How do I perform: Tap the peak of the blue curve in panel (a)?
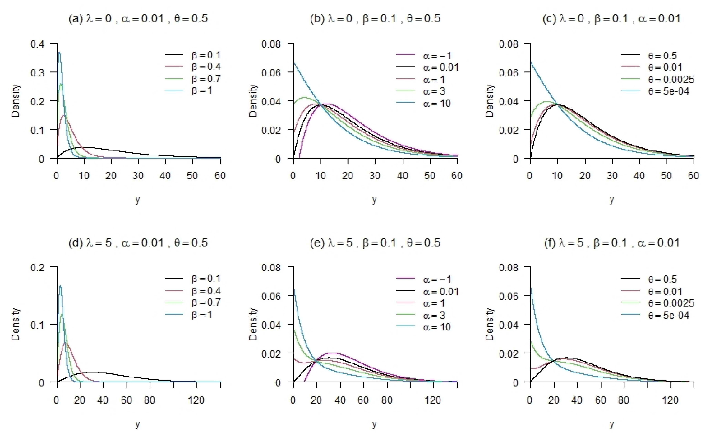coord(59,53)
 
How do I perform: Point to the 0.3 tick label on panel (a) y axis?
coord(38,72)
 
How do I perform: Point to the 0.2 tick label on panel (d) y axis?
coord(38,267)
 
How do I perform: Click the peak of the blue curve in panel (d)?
coord(60,286)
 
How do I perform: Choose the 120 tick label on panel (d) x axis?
coord(196,400)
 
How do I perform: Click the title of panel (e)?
coord(375,243)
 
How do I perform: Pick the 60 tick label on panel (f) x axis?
coord(600,400)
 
